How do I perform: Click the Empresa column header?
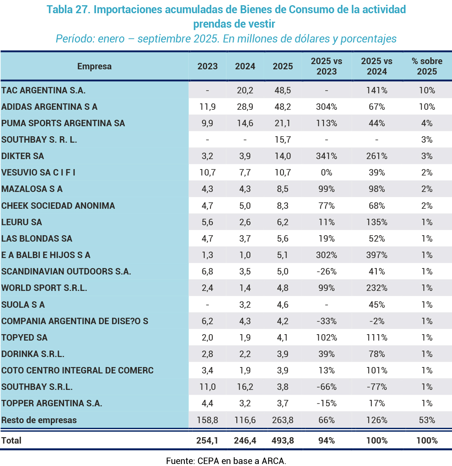[94, 67]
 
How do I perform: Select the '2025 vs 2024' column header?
[376, 67]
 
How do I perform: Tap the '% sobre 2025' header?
[427, 67]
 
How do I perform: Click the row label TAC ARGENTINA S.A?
[44, 91]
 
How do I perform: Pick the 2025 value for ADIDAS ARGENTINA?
[283, 107]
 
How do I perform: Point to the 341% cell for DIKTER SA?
[326, 156]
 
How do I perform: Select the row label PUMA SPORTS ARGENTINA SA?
[63, 123]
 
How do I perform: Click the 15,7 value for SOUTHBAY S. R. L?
[283, 140]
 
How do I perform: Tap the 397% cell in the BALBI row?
[376, 255]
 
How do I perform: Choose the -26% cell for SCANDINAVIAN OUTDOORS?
[326, 272]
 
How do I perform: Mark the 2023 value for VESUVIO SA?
[207, 173]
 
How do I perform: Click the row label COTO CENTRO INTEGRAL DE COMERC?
[78, 371]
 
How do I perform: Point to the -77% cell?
[376, 387]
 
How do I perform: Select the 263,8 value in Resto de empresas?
[283, 420]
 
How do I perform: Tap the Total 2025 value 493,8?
[283, 441]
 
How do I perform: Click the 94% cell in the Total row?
[326, 441]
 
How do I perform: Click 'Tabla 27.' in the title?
[68, 10]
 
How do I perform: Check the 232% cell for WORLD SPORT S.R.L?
[376, 288]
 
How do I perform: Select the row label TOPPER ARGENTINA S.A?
[52, 403]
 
